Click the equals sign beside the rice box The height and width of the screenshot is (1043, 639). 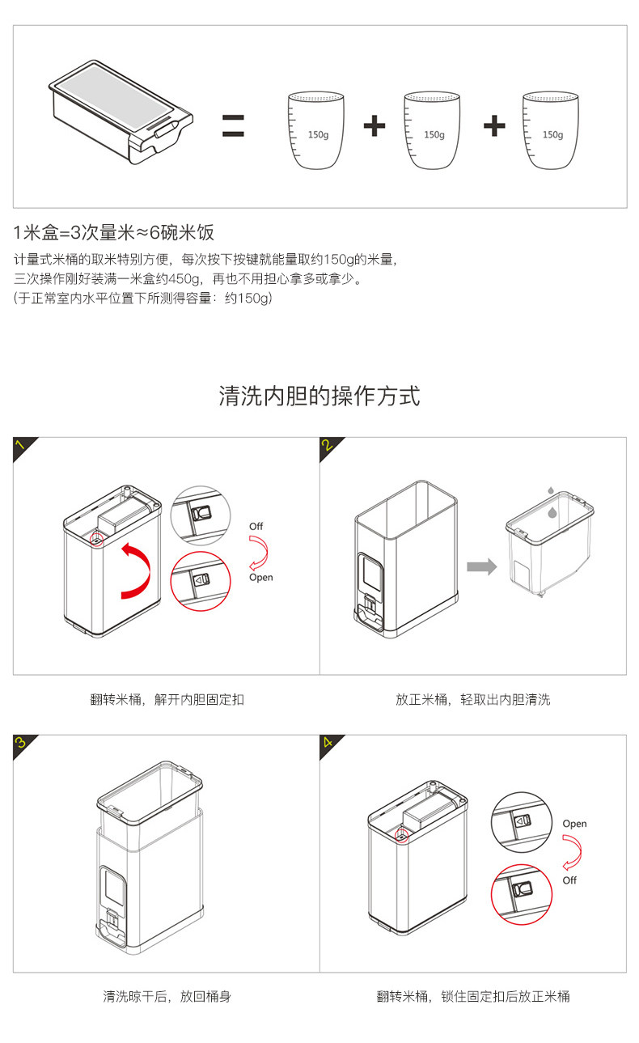point(233,126)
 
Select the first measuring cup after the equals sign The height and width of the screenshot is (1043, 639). point(316,131)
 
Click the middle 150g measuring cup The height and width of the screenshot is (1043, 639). point(434,131)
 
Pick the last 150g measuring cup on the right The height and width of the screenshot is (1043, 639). point(552,131)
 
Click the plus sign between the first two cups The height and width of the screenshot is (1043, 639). point(375,126)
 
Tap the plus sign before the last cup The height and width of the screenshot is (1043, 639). point(493,126)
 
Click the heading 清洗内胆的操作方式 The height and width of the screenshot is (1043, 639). point(319,396)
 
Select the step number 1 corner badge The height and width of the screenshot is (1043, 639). point(23,447)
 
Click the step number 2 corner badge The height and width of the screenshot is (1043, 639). point(329,447)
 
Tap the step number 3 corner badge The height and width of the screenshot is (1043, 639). point(23,744)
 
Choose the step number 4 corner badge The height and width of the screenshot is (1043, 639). point(329,744)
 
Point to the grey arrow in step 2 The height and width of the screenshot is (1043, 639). point(482,566)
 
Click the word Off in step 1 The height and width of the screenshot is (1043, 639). point(256,527)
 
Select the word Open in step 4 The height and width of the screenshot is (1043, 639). point(574,824)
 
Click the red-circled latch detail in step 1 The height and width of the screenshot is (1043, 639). point(201,580)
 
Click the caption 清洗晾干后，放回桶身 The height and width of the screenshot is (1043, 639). point(167,996)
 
